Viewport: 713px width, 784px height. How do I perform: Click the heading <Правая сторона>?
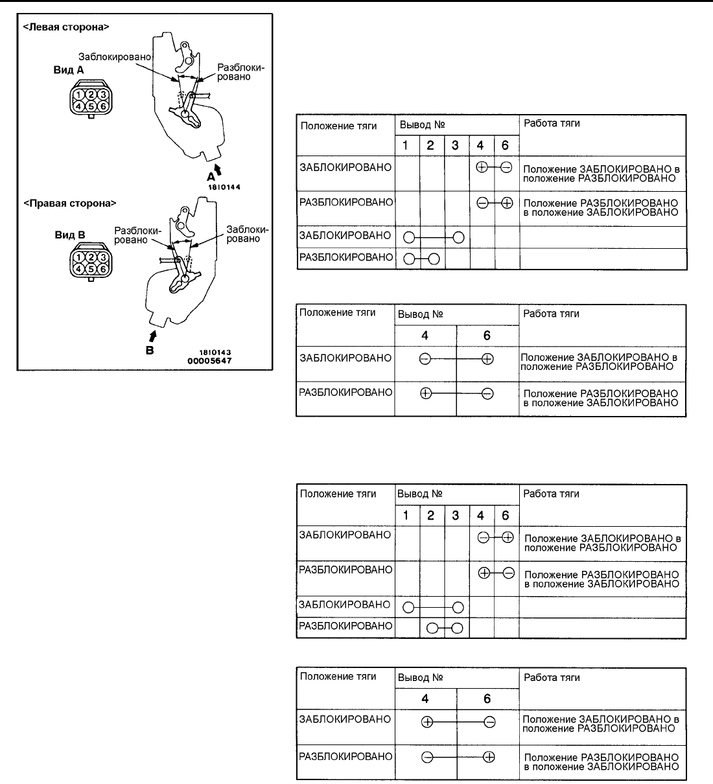[69, 203]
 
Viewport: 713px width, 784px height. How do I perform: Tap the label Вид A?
[69, 69]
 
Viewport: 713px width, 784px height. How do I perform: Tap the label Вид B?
[69, 235]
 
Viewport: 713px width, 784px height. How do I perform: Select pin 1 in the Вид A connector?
[78, 95]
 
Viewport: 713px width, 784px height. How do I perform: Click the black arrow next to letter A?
[218, 170]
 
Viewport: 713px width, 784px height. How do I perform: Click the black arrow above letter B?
[153, 336]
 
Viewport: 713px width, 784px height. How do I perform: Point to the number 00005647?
[209, 361]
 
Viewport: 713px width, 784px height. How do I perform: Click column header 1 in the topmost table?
[406, 145]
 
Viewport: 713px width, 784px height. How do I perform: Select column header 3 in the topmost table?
[456, 145]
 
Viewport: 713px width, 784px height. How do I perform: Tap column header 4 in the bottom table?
[425, 698]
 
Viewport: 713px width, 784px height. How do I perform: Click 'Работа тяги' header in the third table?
[551, 494]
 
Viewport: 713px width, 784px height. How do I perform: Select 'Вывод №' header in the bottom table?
[420, 678]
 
